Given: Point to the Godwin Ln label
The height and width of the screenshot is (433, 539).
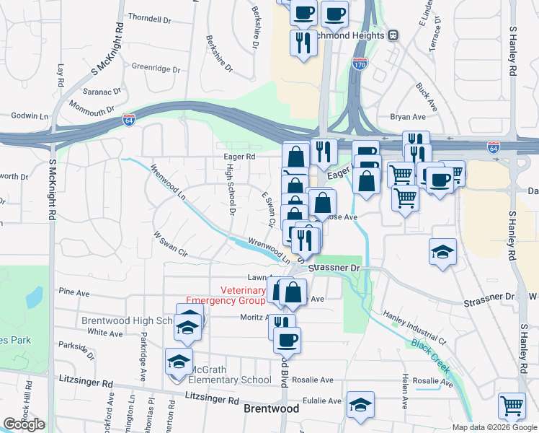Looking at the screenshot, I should tap(29, 115).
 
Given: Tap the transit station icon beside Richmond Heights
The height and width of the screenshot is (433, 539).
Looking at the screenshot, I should tap(393, 35).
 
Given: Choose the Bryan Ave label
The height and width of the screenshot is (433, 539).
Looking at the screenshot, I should tap(408, 117).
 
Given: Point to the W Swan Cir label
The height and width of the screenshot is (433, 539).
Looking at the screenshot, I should tap(170, 244).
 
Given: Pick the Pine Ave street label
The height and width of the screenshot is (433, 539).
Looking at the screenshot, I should tap(73, 292).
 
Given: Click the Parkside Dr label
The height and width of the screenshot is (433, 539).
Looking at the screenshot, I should tap(76, 349).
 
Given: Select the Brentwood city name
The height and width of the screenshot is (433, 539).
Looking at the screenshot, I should tap(272, 408).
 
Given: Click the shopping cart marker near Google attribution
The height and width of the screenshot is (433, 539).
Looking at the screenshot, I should tap(512, 406).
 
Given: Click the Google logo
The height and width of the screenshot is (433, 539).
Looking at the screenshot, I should tap(24, 424).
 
